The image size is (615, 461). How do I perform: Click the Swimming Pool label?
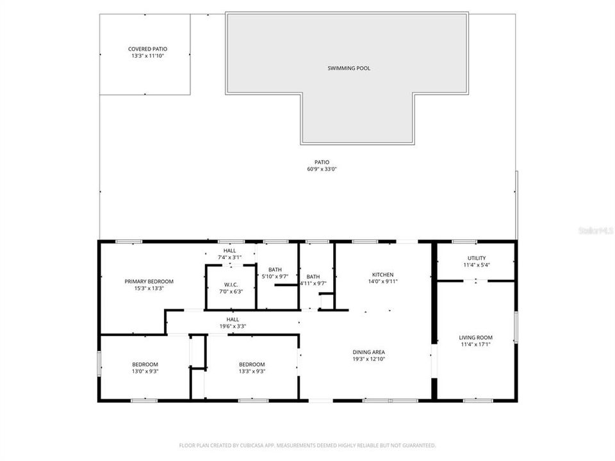[x=348, y=69]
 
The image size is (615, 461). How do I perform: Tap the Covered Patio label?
[x=148, y=49]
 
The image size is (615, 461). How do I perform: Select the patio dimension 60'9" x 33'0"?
[x=322, y=170]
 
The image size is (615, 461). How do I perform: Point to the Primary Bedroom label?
[x=149, y=281]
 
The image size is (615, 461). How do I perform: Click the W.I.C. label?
[x=231, y=284]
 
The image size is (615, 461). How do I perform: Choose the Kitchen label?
[x=382, y=274]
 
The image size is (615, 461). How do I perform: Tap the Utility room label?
[x=475, y=258]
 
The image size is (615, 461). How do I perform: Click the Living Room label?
[x=475, y=337]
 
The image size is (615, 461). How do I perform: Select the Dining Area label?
[x=369, y=352]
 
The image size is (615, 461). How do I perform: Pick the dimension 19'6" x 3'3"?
[x=233, y=326]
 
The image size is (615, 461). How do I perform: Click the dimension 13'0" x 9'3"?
[x=145, y=371]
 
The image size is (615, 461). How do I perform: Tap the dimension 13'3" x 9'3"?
[x=252, y=371]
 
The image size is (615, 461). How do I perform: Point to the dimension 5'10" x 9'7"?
[x=275, y=277]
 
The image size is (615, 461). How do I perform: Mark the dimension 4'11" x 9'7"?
[x=313, y=283]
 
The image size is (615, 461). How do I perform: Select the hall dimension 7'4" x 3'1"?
[x=229, y=257]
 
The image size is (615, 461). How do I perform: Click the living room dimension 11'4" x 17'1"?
[x=475, y=344]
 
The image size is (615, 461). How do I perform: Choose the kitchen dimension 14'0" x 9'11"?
[x=382, y=281]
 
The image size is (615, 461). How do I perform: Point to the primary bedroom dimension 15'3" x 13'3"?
[x=149, y=288]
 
